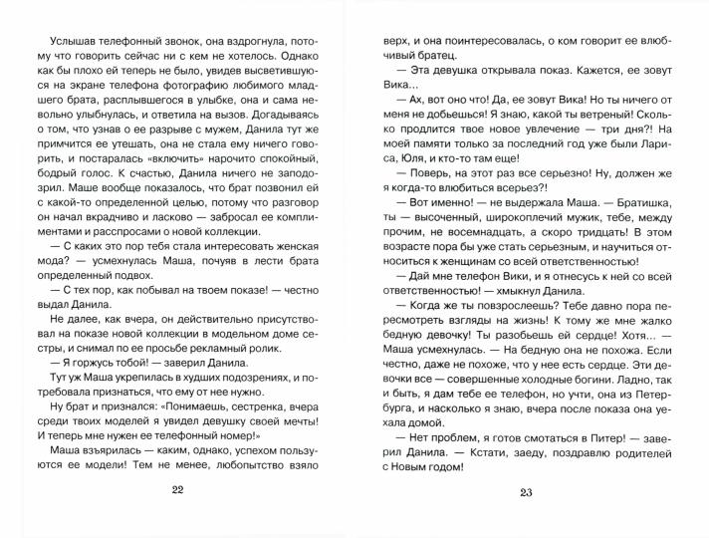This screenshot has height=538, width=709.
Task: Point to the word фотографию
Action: tap(211, 88)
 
